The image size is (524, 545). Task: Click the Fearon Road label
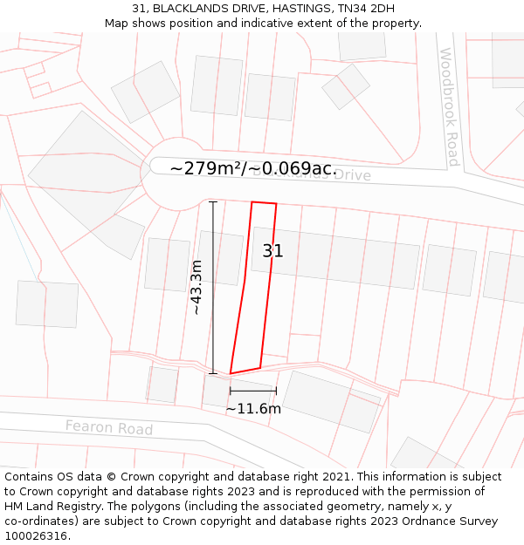coord(109,428)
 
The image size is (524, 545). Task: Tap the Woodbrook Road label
coord(449,106)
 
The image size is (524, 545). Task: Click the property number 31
coord(272,251)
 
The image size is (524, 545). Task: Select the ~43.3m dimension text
coord(196,287)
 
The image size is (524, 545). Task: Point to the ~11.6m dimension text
coord(253,408)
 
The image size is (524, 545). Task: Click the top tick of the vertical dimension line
coord(213,201)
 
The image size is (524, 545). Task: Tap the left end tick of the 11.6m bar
coord(230,391)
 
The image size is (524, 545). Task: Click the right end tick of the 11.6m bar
coord(276,391)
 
